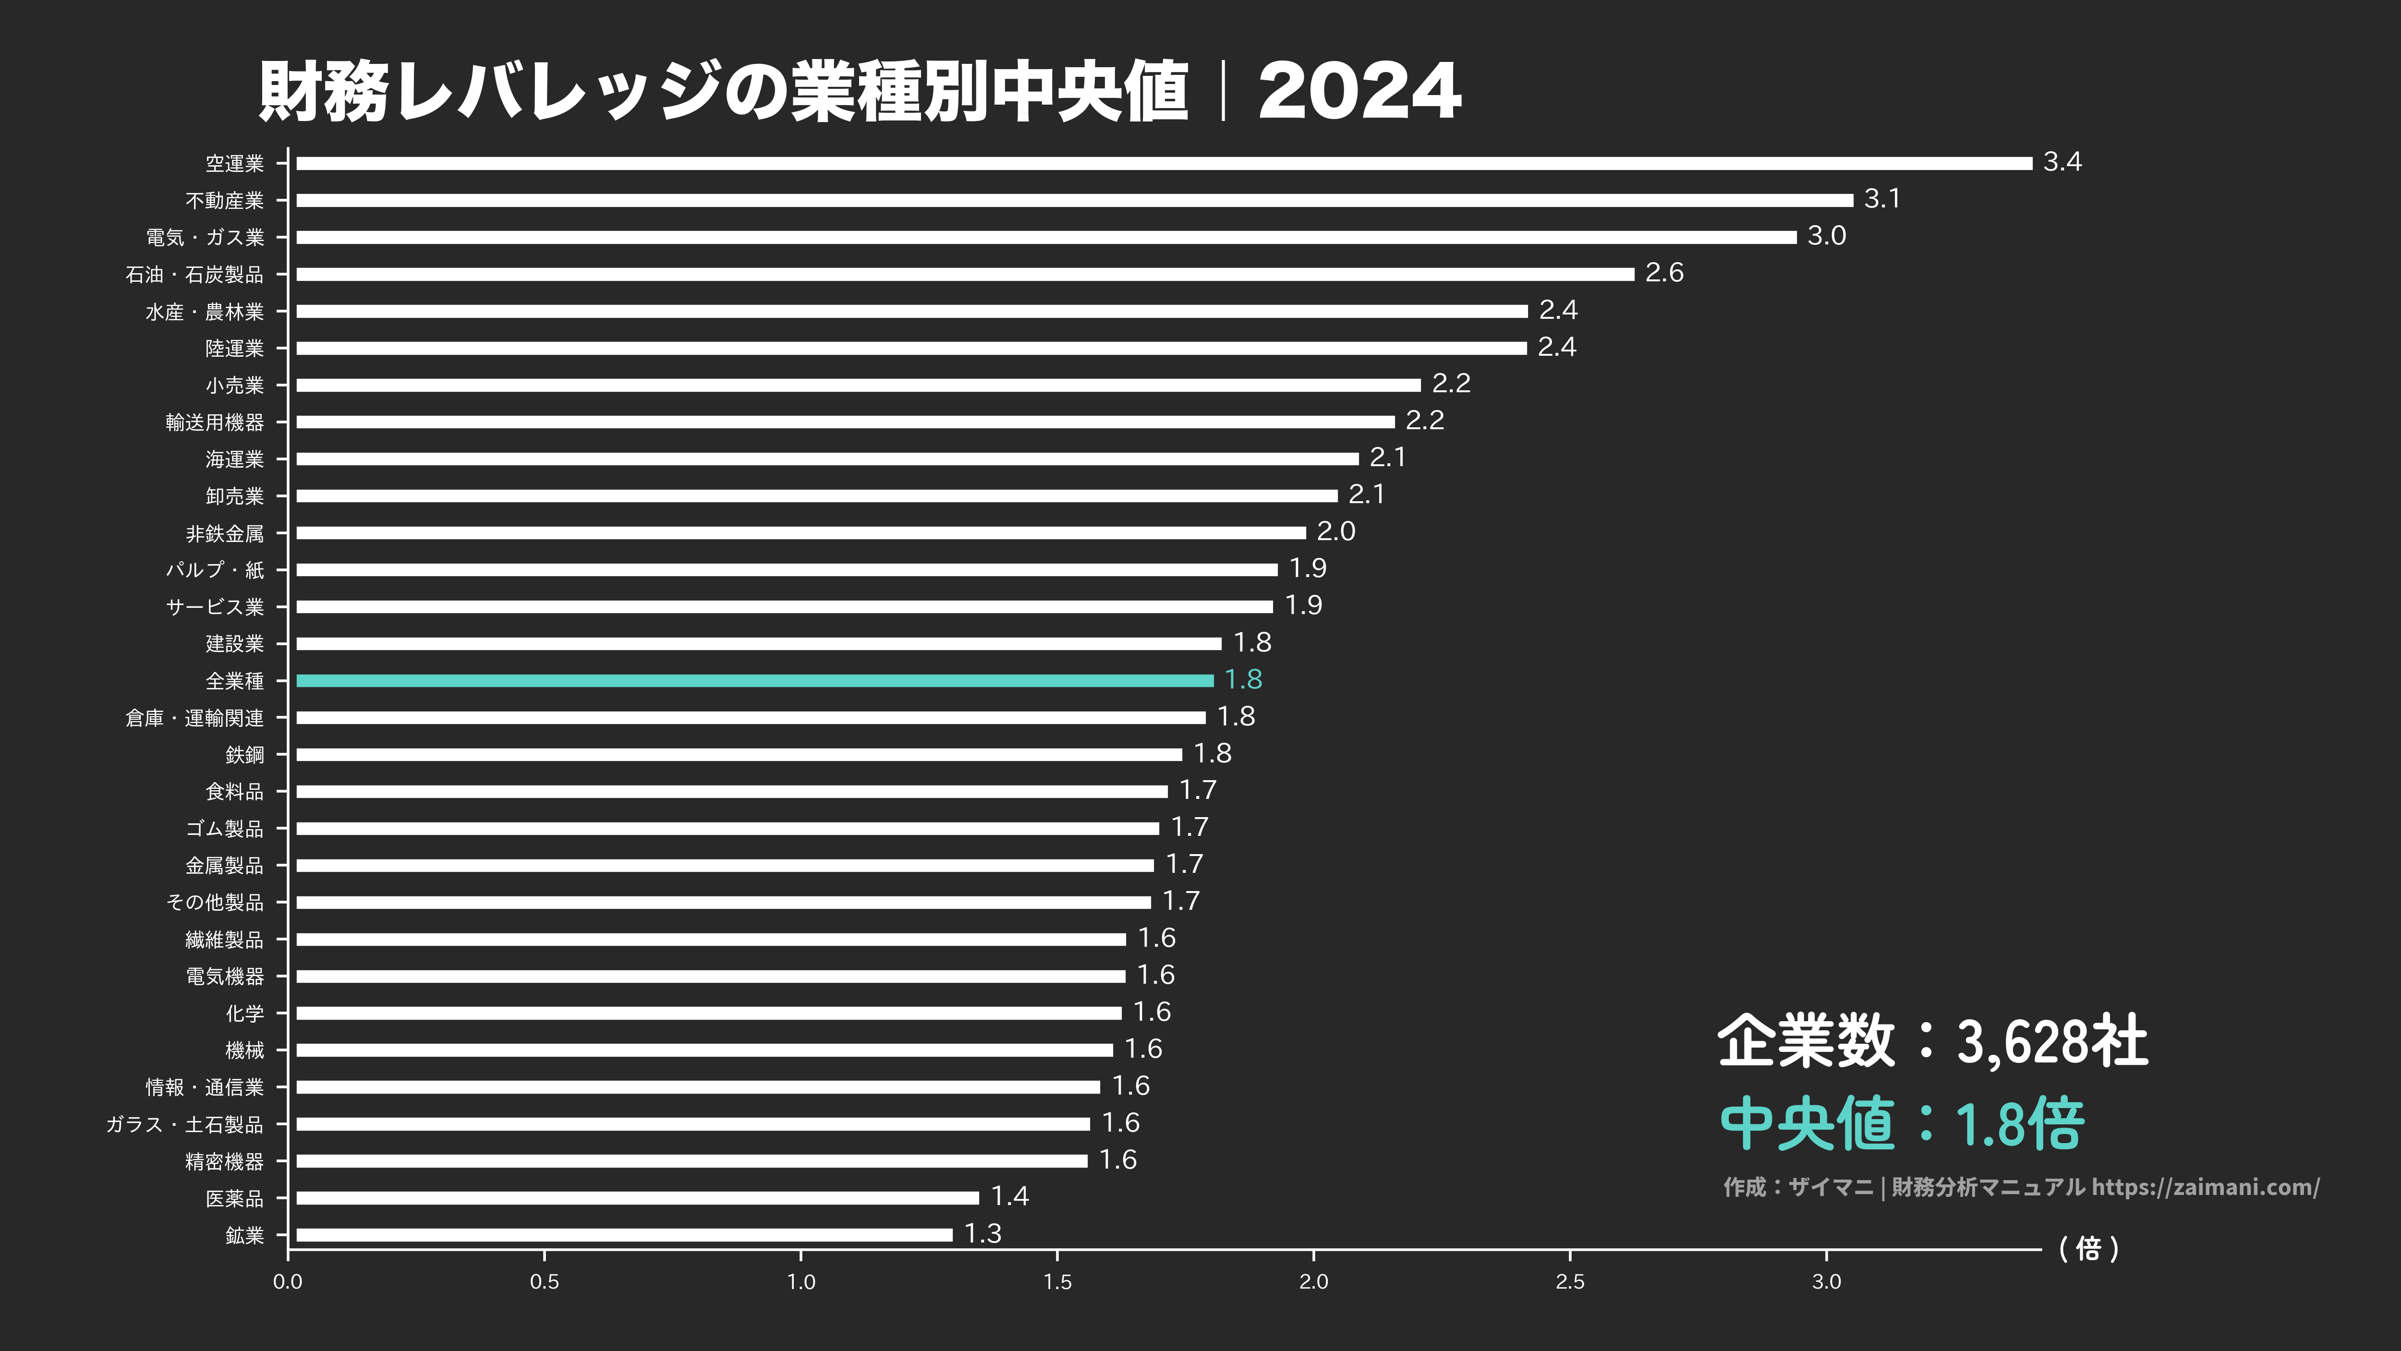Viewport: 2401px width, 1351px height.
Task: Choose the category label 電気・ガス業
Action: pos(205,238)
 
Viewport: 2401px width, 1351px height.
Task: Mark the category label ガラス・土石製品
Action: pos(184,1124)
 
